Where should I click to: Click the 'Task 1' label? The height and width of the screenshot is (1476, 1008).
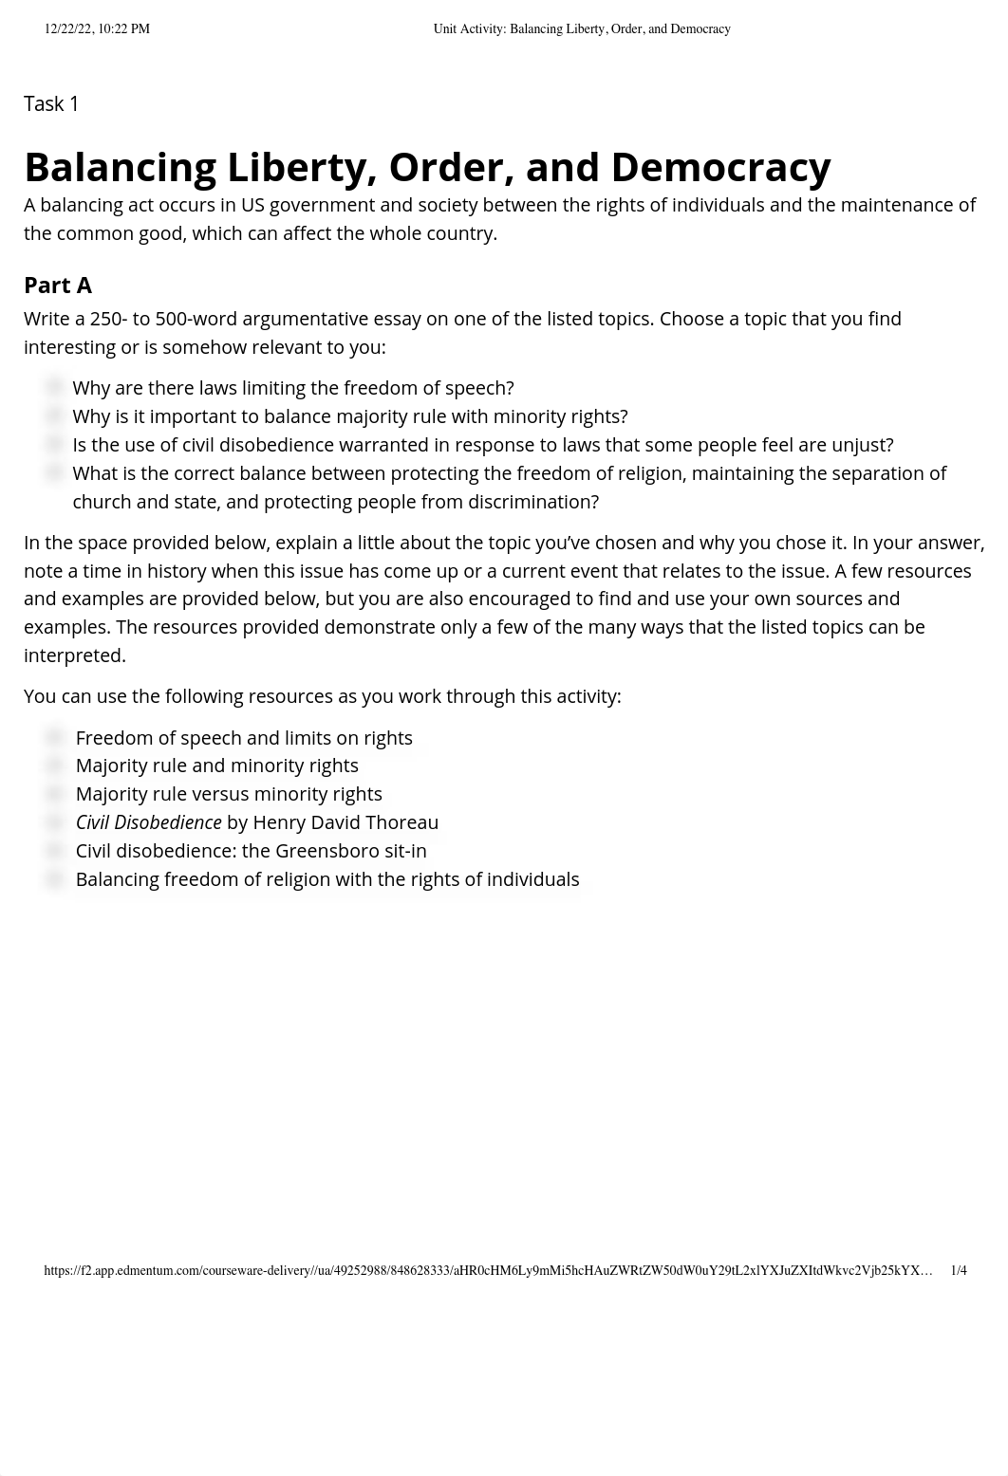(51, 104)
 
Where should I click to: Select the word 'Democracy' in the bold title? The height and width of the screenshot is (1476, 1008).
(720, 167)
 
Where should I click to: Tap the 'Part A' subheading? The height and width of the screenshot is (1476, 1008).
(58, 286)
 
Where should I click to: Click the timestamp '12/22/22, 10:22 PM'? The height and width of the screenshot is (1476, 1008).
(97, 29)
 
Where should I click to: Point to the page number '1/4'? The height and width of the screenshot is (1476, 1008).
(958, 1270)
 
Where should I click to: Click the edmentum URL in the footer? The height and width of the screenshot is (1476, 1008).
(488, 1270)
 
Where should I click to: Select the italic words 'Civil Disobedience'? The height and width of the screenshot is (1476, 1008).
(148, 822)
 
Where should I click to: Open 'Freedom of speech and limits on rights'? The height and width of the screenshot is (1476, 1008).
(244, 738)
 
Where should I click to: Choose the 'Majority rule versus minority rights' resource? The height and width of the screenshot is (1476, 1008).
(229, 794)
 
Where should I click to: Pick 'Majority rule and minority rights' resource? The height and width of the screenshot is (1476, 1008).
(216, 766)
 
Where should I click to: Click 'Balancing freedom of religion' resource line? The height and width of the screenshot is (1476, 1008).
(327, 879)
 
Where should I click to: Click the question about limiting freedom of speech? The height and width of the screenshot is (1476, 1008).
(293, 388)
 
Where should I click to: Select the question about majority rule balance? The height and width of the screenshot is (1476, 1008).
(350, 416)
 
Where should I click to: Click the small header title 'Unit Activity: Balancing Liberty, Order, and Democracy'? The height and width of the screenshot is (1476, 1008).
(582, 29)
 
